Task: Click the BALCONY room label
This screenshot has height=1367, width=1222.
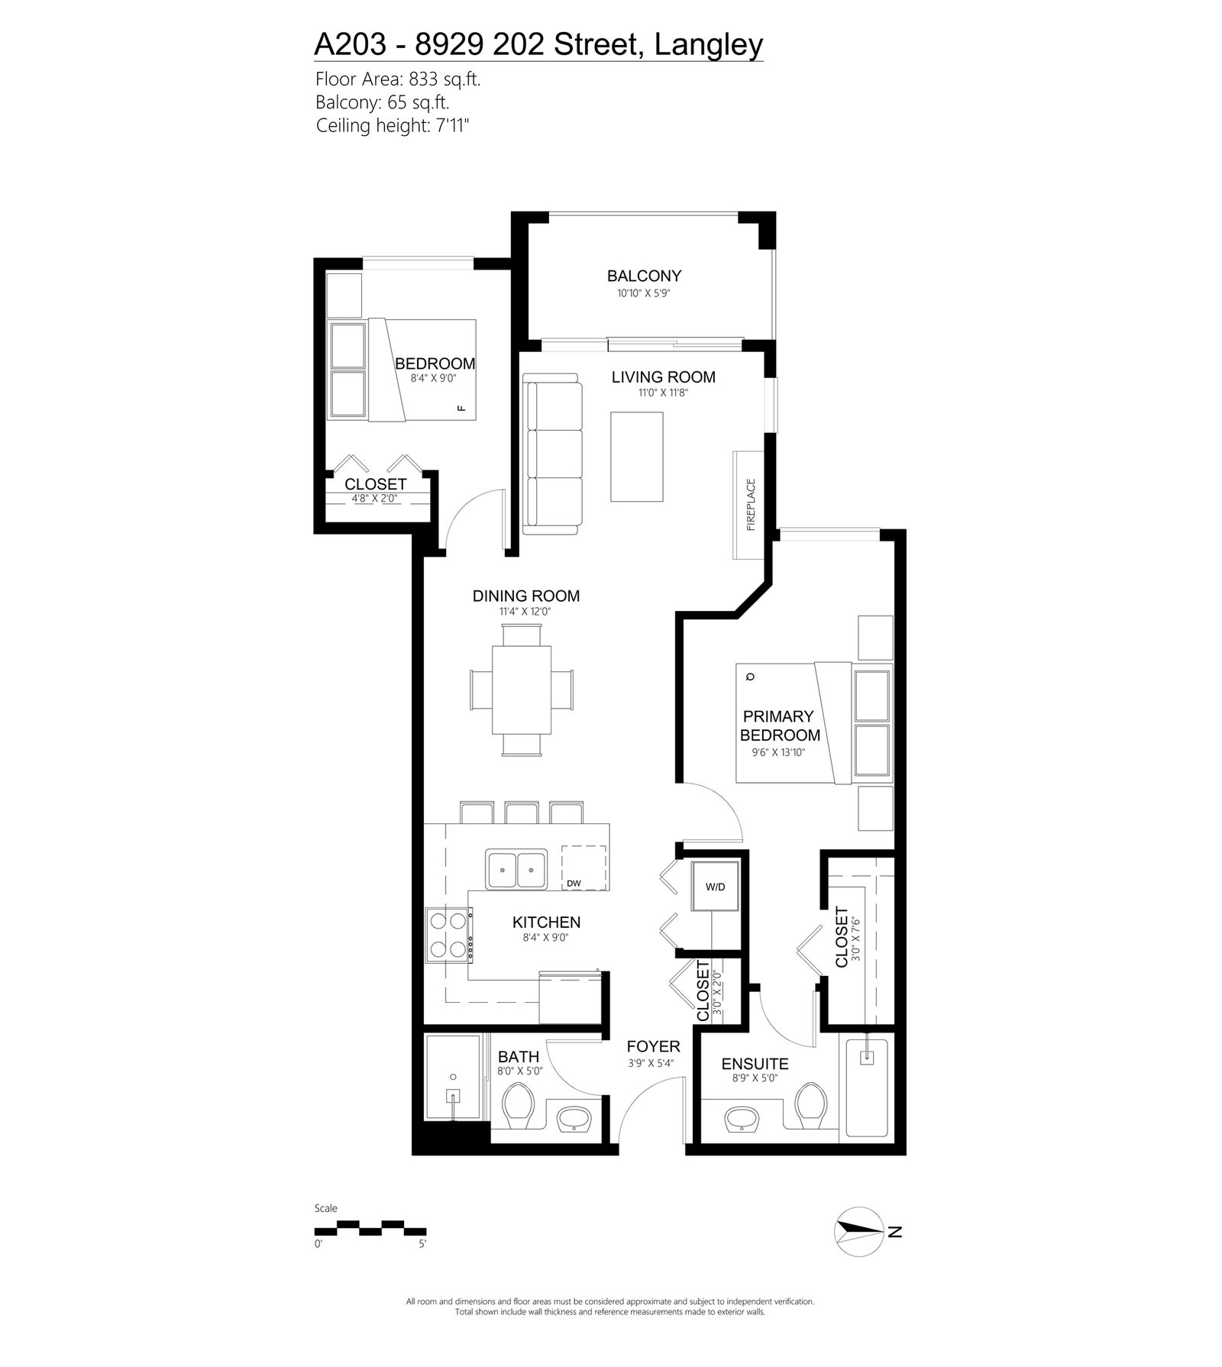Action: pos(644,276)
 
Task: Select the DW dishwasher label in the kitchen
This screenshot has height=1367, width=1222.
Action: pos(574,884)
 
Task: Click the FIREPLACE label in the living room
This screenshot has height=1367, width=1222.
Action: pos(750,505)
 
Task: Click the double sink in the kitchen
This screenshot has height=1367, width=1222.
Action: pos(516,868)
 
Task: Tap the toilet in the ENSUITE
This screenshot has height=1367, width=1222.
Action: pos(810,1105)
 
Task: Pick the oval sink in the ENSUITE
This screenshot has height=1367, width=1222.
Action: pos(740,1121)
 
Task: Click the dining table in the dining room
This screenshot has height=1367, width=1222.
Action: pos(522,689)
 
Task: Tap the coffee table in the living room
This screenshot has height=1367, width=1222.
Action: pos(636,457)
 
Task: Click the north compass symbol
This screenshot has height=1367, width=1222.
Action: pos(860,1253)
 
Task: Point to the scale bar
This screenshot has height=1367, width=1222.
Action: pos(370,1227)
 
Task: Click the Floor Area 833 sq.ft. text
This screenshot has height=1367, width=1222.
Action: pos(397,79)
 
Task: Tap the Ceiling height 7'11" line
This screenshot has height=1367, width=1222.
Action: pos(392,125)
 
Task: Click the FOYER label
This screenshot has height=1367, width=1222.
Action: pos(653,1046)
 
